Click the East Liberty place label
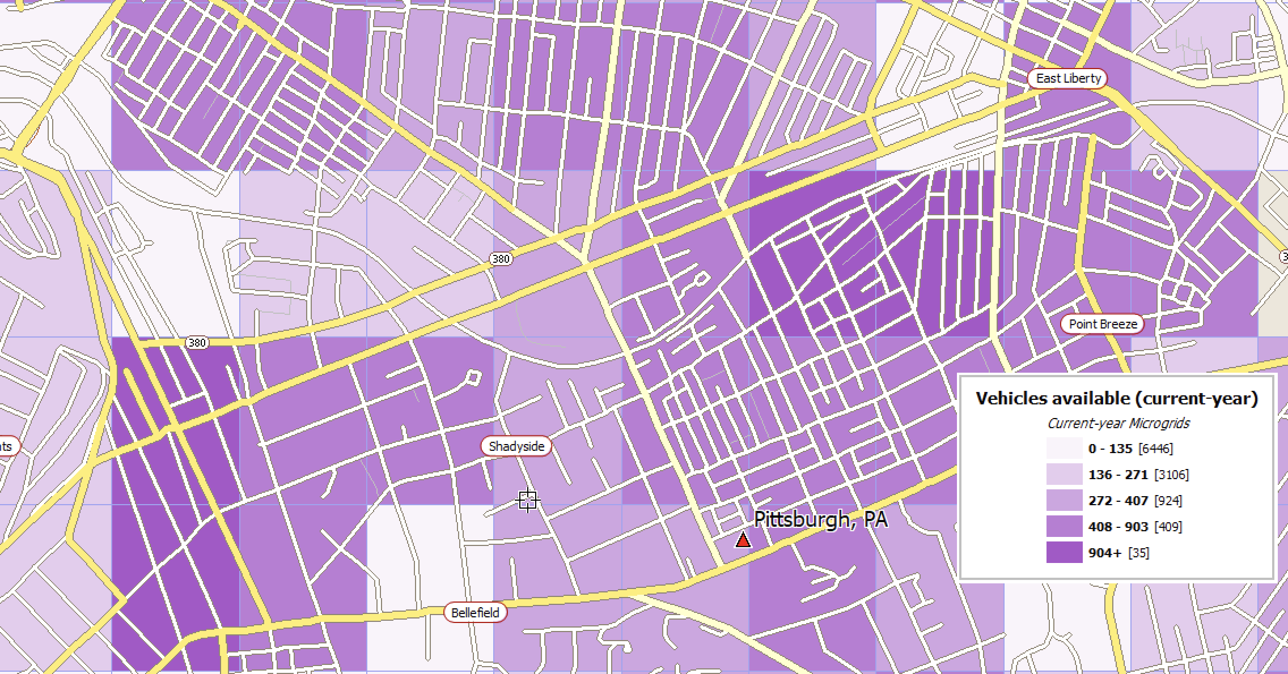[x=1067, y=79]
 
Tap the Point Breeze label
[x=1102, y=324]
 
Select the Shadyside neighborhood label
[x=516, y=446]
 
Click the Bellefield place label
[x=475, y=612]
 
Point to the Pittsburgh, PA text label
[x=820, y=519]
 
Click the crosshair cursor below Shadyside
[x=528, y=500]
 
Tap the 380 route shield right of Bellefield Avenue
[x=501, y=259]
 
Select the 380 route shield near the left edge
[x=197, y=343]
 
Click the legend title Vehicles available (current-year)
[x=1116, y=398]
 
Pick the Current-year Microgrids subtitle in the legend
[x=1117, y=423]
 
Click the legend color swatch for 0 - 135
[x=1064, y=449]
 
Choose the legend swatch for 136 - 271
[x=1064, y=475]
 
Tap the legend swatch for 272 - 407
[x=1064, y=501]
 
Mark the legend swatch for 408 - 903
[x=1064, y=527]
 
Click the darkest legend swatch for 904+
[x=1064, y=553]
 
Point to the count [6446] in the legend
[x=1155, y=449]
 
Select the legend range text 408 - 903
[x=1118, y=527]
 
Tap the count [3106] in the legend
[x=1172, y=475]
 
